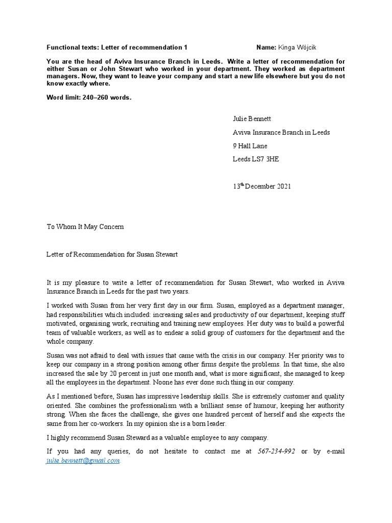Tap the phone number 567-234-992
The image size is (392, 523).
[277, 451]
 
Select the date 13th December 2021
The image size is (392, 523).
[262, 186]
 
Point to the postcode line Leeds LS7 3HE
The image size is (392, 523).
[256, 159]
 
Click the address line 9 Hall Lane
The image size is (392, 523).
[250, 146]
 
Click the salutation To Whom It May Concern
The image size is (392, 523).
[85, 227]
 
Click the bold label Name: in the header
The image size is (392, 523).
[266, 47]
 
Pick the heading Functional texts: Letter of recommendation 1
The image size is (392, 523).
[117, 47]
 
